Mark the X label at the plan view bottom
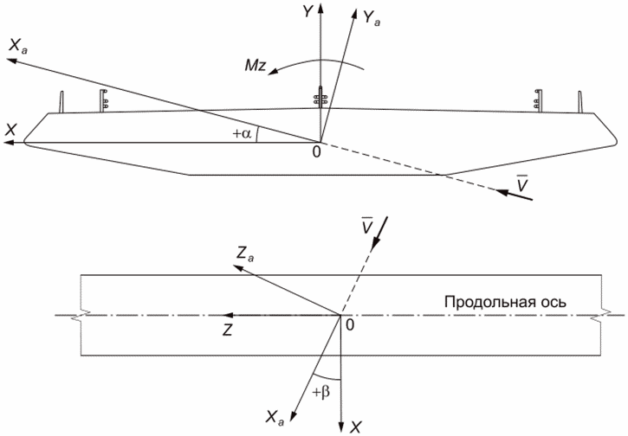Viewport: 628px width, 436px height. (356, 426)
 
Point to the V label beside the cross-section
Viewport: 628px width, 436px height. (521, 183)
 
